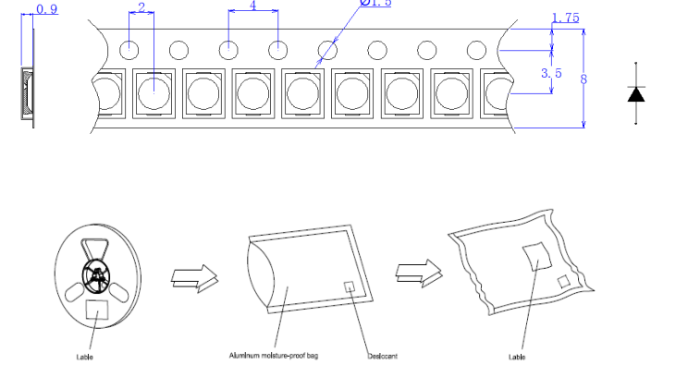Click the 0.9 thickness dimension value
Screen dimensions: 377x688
pyautogui.click(x=46, y=10)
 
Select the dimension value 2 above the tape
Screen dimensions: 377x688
pyautogui.click(x=141, y=7)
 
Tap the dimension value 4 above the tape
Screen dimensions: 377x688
pyautogui.click(x=253, y=6)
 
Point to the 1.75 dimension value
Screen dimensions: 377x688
pyautogui.click(x=565, y=18)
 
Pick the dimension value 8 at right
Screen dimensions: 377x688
pyautogui.click(x=584, y=79)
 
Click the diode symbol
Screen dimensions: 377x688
pyautogui.click(x=636, y=92)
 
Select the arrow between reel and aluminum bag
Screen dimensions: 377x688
pyautogui.click(x=194, y=275)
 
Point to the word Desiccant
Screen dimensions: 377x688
pyautogui.click(x=382, y=357)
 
